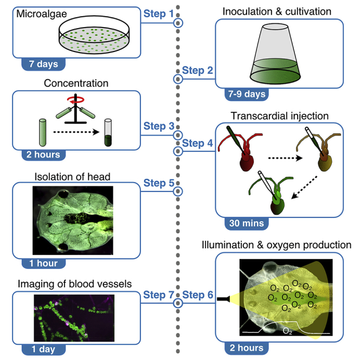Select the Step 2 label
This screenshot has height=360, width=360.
pyautogui.click(x=197, y=69)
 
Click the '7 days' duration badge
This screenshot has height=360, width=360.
pyautogui.click(x=43, y=64)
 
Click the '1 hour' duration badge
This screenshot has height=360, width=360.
pyautogui.click(x=44, y=263)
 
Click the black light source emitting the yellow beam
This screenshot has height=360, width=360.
pyautogui.click(x=223, y=298)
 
